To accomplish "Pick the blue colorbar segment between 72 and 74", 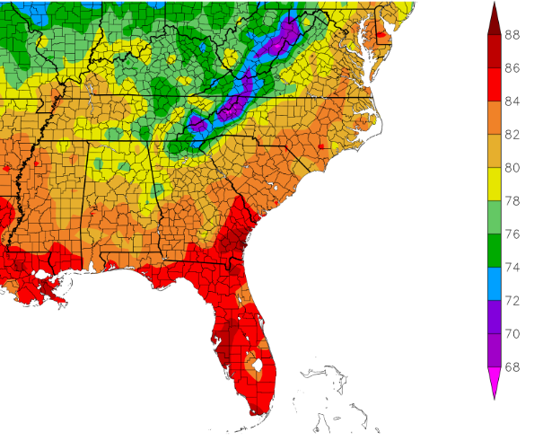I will pyautogui.click(x=493, y=284).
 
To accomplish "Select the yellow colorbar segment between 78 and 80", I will pyautogui.click(x=493, y=184).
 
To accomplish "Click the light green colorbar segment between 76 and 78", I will pyautogui.click(x=493, y=217).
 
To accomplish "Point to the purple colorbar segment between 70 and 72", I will pyautogui.click(x=493, y=317).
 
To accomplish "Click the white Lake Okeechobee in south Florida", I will pyautogui.click(x=258, y=366).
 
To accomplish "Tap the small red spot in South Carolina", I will pyautogui.click(x=320, y=146).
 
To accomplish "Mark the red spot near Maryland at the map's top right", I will pyautogui.click(x=381, y=35).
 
